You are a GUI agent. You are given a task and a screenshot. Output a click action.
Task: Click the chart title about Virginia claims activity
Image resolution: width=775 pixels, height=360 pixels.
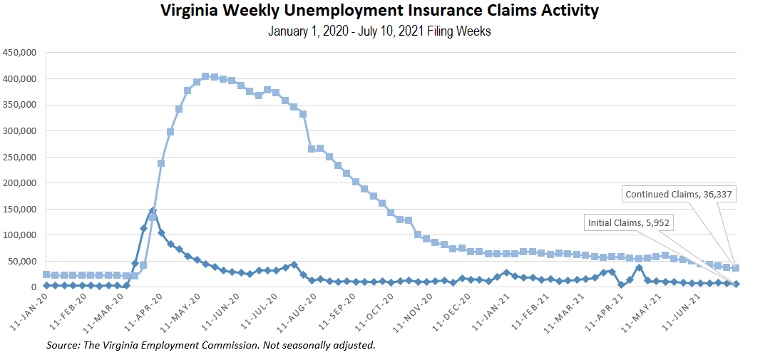pyautogui.click(x=379, y=11)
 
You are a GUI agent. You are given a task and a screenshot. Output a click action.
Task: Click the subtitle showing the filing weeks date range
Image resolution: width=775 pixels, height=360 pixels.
pyautogui.click(x=379, y=31)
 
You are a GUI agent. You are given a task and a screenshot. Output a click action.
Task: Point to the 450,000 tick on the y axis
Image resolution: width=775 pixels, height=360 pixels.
pyautogui.click(x=20, y=53)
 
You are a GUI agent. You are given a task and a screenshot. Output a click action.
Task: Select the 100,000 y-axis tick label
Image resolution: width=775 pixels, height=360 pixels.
pyautogui.click(x=20, y=235)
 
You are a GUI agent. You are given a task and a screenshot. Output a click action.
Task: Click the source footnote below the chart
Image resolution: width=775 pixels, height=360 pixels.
pyautogui.click(x=210, y=346)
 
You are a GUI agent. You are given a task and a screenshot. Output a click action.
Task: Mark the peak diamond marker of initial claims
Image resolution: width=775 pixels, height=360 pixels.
pyautogui.click(x=153, y=211)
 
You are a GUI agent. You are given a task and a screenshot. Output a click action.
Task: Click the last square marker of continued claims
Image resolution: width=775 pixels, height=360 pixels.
pyautogui.click(x=736, y=268)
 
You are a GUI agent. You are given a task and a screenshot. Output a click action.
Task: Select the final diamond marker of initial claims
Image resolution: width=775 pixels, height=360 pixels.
pyautogui.click(x=736, y=284)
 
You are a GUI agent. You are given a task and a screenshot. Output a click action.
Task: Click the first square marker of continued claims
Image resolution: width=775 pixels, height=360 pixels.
pyautogui.click(x=46, y=274)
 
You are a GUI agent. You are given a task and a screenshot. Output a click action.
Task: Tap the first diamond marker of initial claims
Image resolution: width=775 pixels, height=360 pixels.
pyautogui.click(x=46, y=285)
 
